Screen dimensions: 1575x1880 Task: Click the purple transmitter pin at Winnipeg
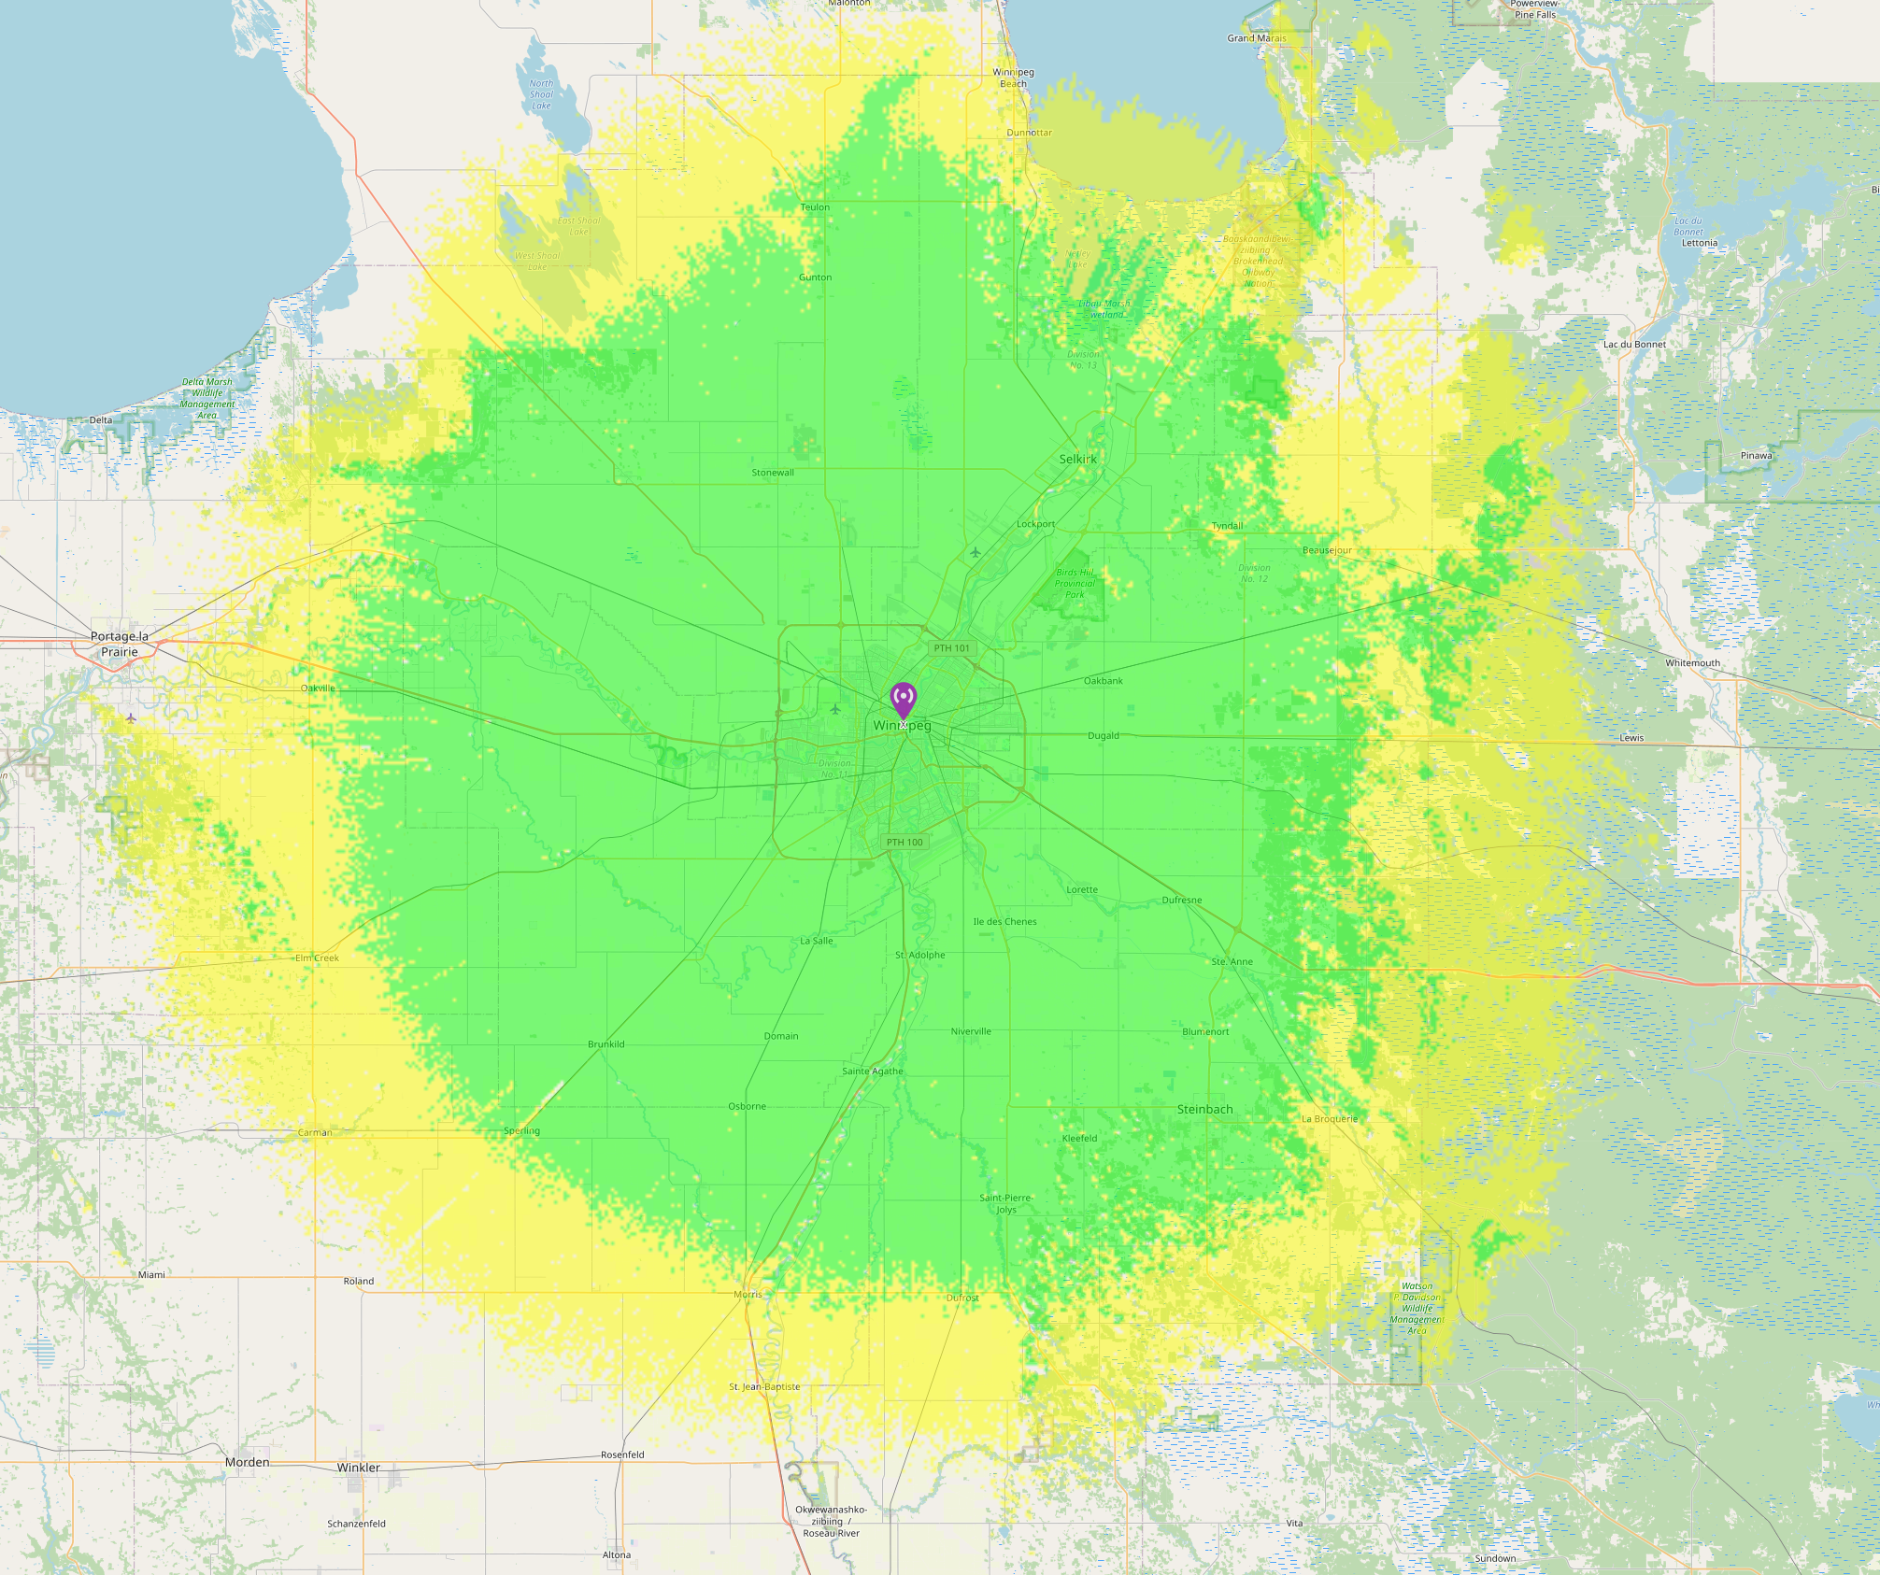(903, 699)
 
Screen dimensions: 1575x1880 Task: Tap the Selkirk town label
(1077, 459)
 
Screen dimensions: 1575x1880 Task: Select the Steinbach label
(1204, 1109)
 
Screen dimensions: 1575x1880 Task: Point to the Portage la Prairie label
(120, 644)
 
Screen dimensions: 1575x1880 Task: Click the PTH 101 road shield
(952, 647)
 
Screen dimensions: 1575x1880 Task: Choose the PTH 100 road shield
(904, 842)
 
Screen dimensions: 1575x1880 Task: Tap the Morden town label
(247, 1462)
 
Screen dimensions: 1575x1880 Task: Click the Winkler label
(359, 1468)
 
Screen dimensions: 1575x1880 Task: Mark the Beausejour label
(1327, 550)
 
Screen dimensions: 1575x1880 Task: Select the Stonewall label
(773, 473)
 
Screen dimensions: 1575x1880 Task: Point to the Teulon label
(815, 207)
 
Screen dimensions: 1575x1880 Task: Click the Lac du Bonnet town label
(1634, 345)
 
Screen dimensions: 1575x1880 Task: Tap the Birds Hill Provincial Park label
(1075, 583)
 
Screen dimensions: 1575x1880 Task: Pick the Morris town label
(748, 1294)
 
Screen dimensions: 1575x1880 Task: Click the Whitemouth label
(1692, 663)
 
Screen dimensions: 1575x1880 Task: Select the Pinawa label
(1756, 456)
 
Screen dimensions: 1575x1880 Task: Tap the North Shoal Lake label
(541, 94)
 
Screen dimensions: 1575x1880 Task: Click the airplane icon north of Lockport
(976, 552)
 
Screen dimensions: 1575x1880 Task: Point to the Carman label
(315, 1132)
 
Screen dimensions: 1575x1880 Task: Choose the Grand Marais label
(1256, 38)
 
